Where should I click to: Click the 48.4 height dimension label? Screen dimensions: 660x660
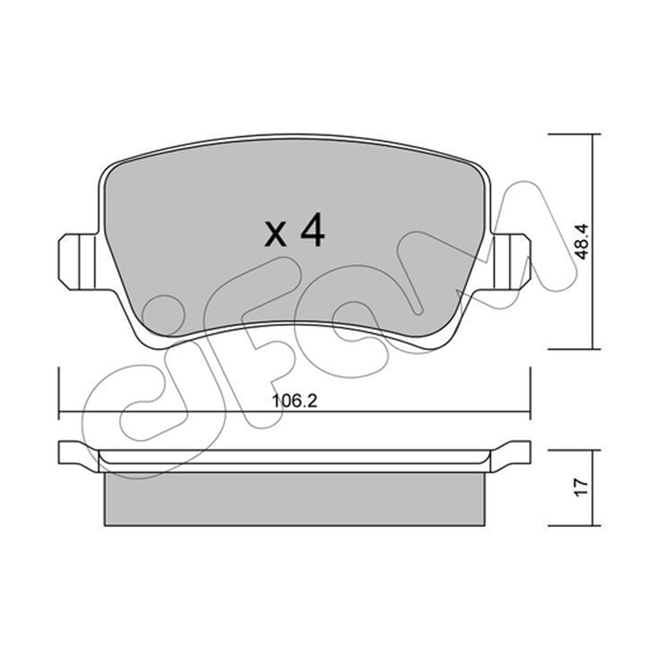coord(582,242)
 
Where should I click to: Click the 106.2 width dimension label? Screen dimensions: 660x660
coord(295,401)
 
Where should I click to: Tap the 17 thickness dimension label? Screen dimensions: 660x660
coord(582,488)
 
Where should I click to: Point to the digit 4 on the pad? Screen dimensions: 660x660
coord(312,230)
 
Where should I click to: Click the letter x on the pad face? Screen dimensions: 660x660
coord(276,234)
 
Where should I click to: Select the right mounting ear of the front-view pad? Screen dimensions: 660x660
coord(510,262)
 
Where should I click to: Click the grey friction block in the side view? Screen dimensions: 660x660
coord(295,499)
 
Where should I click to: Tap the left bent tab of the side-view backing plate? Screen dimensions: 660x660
coord(78,456)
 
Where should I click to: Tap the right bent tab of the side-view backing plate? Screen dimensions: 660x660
coord(511,456)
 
